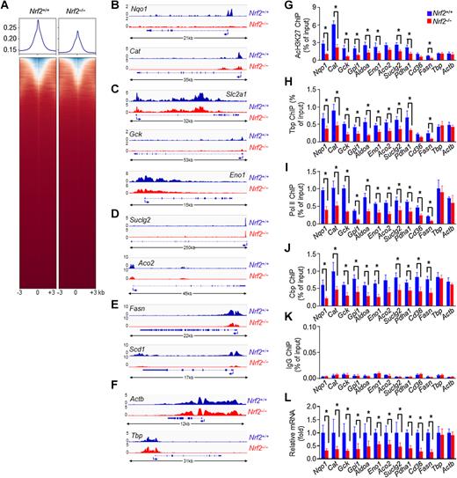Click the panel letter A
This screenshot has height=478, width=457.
pyautogui.click(x=6, y=6)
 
